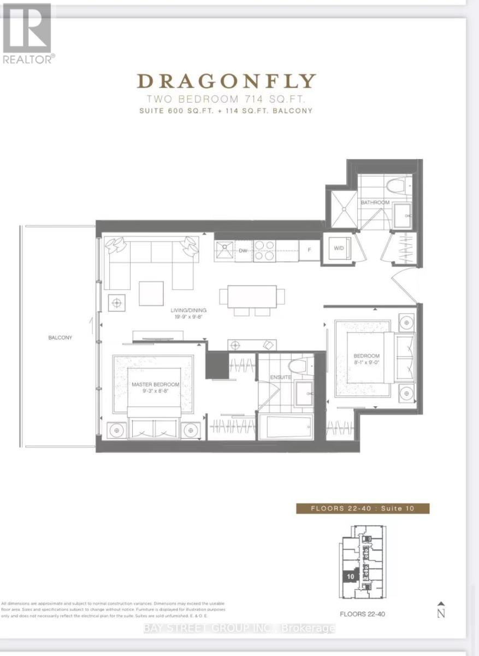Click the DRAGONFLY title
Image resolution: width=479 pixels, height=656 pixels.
(227, 81)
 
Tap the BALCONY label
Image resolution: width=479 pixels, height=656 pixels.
(60, 338)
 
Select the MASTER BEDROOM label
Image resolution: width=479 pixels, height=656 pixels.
(156, 385)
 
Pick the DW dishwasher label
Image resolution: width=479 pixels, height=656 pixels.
(244, 250)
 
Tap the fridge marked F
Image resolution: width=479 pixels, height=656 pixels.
(310, 250)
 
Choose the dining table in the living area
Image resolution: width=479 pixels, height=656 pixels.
(252, 296)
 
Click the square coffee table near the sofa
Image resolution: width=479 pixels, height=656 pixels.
(151, 294)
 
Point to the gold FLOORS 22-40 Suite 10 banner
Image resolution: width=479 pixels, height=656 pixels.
(363, 508)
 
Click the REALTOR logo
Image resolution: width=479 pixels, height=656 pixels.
(27, 33)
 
